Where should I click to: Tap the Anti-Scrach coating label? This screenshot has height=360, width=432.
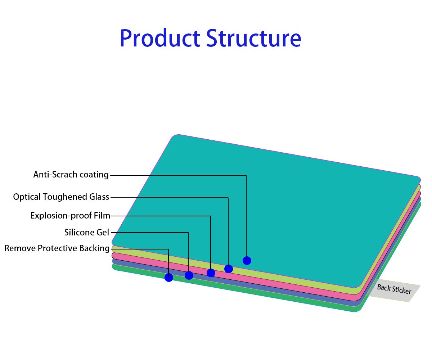point(71,175)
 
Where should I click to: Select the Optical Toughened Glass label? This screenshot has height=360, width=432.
point(61,197)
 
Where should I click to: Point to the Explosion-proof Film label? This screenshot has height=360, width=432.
point(70,216)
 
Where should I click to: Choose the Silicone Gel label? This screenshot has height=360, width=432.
point(87,233)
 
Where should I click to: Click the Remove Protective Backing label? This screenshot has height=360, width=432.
point(57,248)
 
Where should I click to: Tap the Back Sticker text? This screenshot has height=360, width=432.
point(394,289)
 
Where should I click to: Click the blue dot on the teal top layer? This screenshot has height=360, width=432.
point(247,260)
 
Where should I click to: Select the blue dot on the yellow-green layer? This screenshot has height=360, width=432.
point(229,269)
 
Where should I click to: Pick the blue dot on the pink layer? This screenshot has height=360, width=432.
point(211,273)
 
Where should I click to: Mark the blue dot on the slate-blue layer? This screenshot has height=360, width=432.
point(189,275)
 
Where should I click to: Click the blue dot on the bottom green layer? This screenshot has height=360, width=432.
point(169,278)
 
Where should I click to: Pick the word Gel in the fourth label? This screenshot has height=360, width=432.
point(103,233)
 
